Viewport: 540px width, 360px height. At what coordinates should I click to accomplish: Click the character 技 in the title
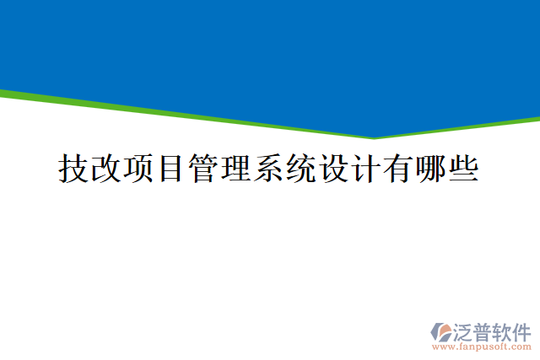click(x=73, y=169)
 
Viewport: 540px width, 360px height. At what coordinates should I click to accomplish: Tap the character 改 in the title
click(x=105, y=169)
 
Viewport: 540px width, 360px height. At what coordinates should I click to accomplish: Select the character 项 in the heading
click(x=138, y=169)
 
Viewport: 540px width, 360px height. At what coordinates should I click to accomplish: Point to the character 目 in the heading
click(x=171, y=169)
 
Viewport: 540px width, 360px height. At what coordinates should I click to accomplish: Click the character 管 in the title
click(x=203, y=169)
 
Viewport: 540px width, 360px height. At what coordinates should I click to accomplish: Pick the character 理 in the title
click(x=236, y=169)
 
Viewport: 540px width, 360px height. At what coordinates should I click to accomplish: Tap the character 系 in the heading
click(x=269, y=169)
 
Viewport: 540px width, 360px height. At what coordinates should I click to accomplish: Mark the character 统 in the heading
click(x=301, y=169)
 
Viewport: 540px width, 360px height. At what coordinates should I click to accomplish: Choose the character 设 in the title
click(x=334, y=169)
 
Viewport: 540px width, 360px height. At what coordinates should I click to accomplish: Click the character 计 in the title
click(x=366, y=169)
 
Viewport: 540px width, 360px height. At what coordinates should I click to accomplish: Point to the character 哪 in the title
click(x=431, y=169)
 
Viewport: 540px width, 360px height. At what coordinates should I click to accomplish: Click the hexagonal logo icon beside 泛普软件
click(x=441, y=330)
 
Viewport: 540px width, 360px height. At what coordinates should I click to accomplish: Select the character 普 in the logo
click(x=482, y=330)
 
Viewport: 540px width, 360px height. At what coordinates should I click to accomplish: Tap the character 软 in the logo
click(x=501, y=330)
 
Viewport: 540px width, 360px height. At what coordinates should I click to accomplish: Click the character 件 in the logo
click(x=521, y=330)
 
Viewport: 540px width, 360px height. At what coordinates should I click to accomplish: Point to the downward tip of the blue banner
click(x=375, y=137)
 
